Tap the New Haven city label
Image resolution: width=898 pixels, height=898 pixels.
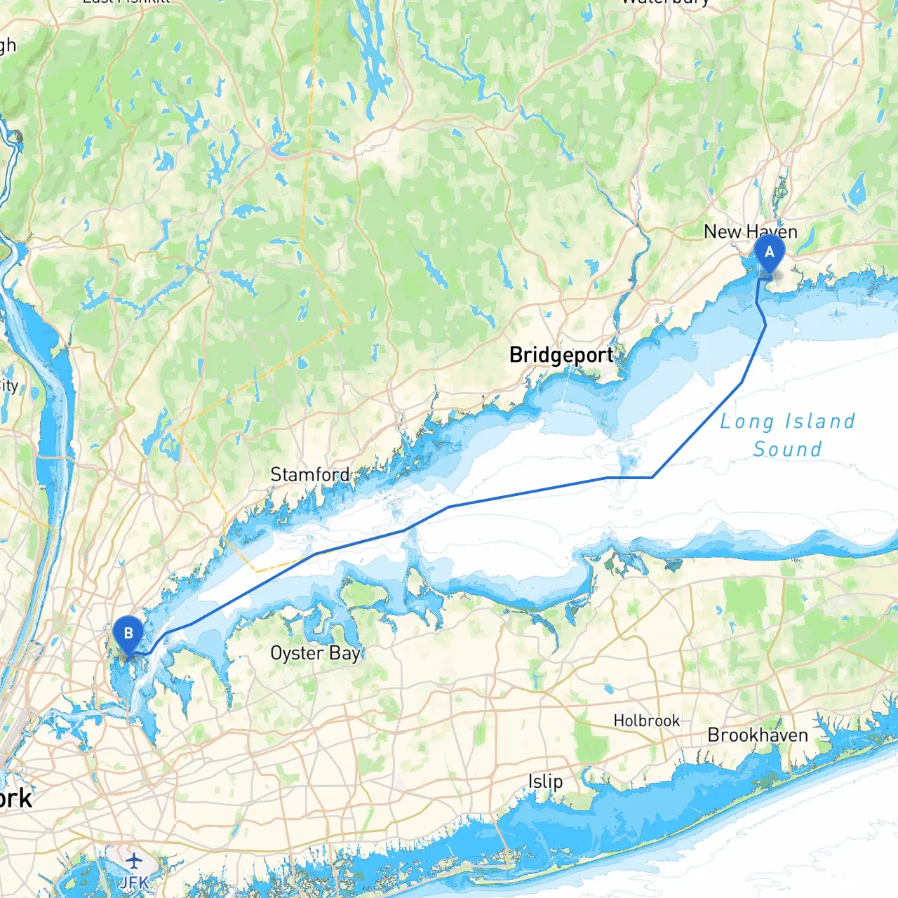click(750, 232)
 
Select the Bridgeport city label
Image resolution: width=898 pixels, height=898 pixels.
click(561, 355)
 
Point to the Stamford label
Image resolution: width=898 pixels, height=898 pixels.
click(309, 474)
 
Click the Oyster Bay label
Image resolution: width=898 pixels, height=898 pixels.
click(315, 653)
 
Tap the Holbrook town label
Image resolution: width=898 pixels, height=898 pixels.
click(646, 721)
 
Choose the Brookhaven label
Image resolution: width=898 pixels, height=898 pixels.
click(758, 735)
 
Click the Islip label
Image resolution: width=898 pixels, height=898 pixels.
click(545, 782)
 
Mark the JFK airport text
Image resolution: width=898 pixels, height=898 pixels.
click(133, 882)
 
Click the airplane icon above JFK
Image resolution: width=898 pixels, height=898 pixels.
click(133, 861)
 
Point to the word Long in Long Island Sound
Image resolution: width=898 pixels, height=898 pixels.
click(747, 422)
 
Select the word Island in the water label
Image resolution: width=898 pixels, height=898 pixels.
click(820, 421)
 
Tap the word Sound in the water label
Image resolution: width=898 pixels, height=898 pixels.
click(787, 449)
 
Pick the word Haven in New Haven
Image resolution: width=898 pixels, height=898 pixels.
click(772, 232)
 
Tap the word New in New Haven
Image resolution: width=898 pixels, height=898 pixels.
click(722, 232)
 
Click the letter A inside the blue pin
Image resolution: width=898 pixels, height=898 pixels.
click(769, 252)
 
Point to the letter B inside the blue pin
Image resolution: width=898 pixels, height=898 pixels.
click(128, 633)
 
